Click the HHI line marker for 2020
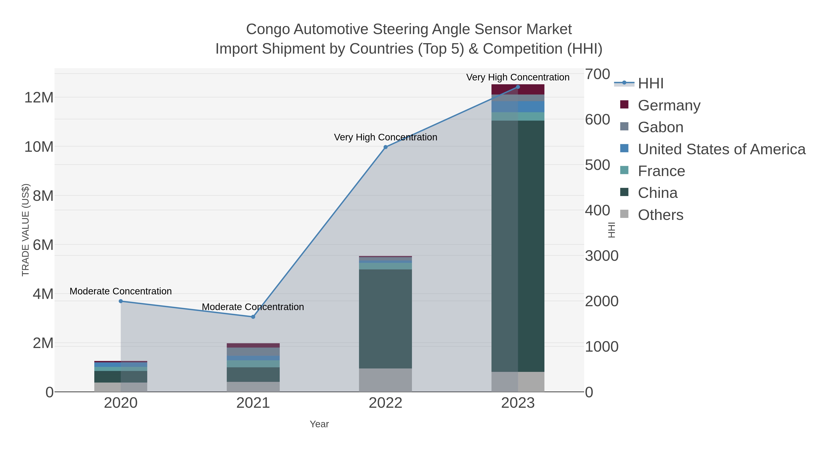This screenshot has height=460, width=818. pyautogui.click(x=121, y=301)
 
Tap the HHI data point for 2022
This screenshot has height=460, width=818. pyautogui.click(x=386, y=147)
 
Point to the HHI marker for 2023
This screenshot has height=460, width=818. pyautogui.click(x=518, y=87)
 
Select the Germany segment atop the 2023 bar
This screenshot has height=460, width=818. pyautogui.click(x=518, y=90)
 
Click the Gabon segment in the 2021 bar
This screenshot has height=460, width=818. pyautogui.click(x=253, y=351)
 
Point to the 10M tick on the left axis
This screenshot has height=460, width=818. pyautogui.click(x=39, y=147)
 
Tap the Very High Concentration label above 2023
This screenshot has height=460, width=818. pyautogui.click(x=518, y=77)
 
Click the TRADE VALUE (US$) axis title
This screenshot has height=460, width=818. pyautogui.click(x=25, y=230)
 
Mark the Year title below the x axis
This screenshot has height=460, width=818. pyautogui.click(x=319, y=424)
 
